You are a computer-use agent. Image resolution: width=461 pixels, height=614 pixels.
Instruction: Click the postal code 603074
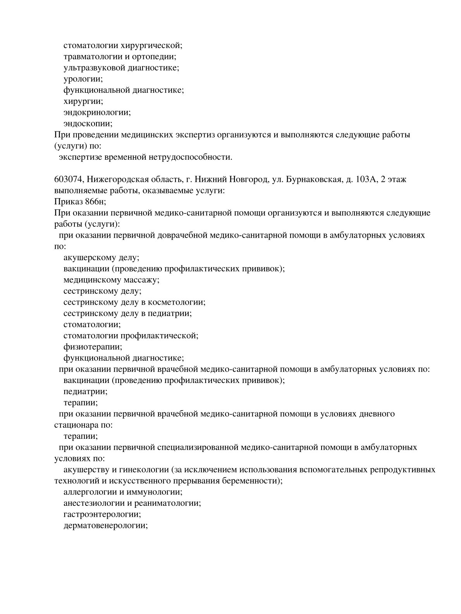pyautogui.click(x=68, y=179)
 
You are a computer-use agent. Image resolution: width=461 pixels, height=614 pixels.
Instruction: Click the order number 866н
pyautogui.click(x=93, y=202)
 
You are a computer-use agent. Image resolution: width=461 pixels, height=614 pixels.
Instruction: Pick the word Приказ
pyautogui.click(x=67, y=202)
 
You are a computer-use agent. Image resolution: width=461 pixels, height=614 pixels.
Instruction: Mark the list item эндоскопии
pyautogui.click(x=88, y=124)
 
